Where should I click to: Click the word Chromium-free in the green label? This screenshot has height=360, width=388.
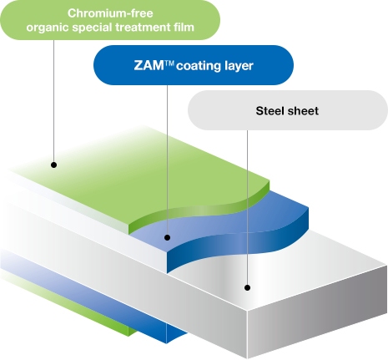(110, 13)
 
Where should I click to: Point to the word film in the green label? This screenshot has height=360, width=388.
(184, 27)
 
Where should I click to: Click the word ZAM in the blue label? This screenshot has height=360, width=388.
(149, 65)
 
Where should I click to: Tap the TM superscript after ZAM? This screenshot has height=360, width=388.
(169, 63)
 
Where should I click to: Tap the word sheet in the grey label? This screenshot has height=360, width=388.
(303, 111)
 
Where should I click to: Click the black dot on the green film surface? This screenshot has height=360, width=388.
(54, 165)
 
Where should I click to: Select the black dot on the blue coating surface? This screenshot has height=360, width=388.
(167, 237)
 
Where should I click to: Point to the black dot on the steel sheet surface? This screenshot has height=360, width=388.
(247, 287)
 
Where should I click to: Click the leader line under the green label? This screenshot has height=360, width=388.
(53, 101)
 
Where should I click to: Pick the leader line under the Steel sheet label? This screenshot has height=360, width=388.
(247, 207)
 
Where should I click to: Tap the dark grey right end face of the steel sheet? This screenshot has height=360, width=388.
(317, 312)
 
